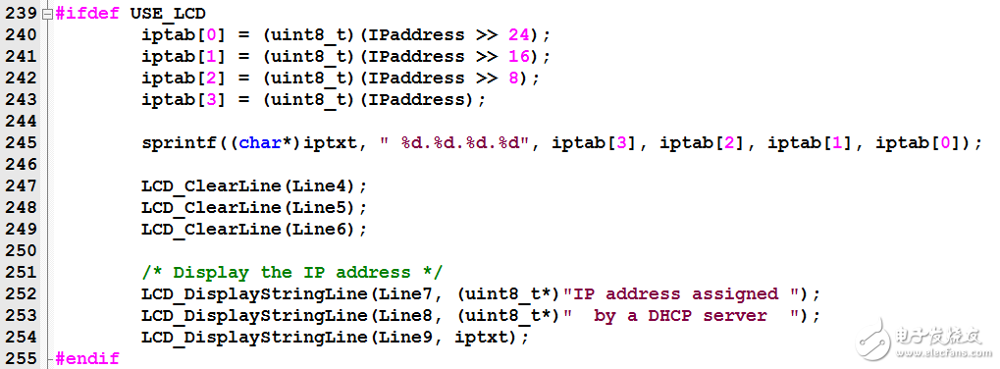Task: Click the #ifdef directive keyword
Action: pos(88,14)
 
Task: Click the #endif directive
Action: pos(88,358)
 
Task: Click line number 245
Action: pos(20,143)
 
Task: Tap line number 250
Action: pos(20,251)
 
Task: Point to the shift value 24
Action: pos(518,35)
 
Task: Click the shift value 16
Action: pos(518,57)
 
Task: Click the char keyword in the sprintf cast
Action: pos(259,143)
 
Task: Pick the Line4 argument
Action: pos(329,186)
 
